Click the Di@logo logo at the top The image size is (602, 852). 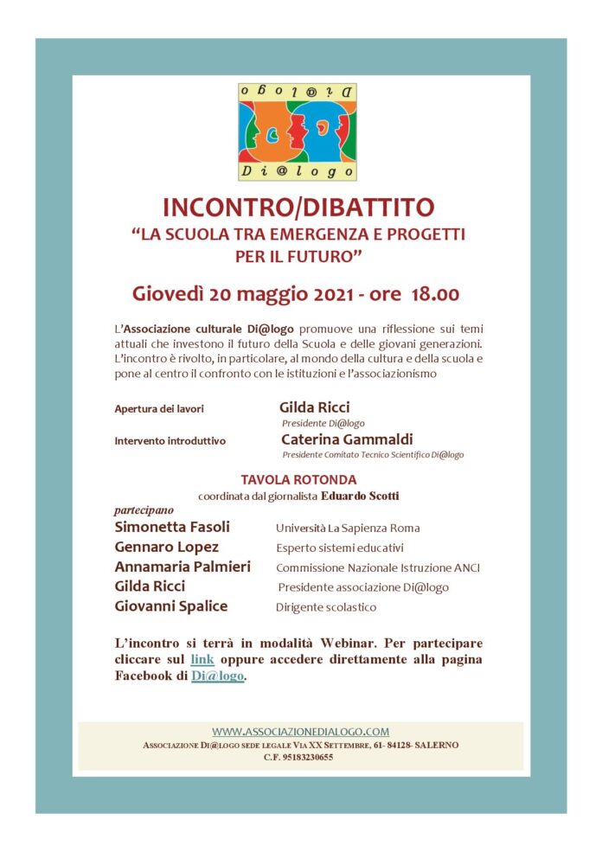click(298, 131)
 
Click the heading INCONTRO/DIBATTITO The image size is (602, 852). click(300, 208)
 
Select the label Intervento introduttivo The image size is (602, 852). click(170, 440)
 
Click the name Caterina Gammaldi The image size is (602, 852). click(346, 439)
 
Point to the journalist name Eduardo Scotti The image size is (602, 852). click(362, 496)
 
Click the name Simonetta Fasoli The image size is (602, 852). click(173, 527)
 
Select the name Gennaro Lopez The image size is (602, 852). click(166, 547)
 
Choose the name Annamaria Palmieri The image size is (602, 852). click(183, 567)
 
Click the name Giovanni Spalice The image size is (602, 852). click(170, 605)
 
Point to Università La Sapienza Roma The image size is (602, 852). click(348, 528)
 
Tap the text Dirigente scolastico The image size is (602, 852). click(326, 607)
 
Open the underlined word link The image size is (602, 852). click(202, 659)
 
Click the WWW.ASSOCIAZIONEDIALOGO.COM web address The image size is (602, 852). click(300, 731)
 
